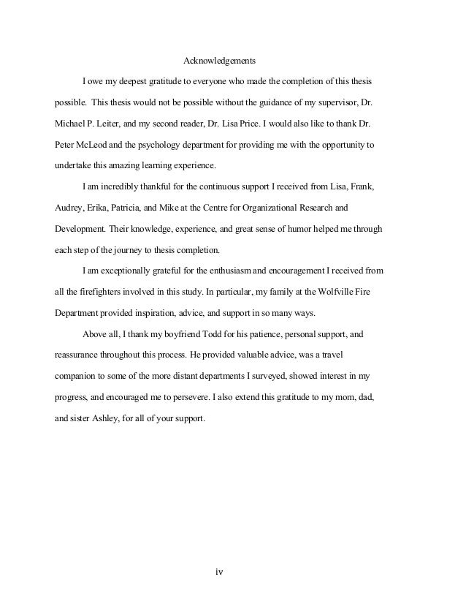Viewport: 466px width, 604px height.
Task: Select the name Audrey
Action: click(x=70, y=208)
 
